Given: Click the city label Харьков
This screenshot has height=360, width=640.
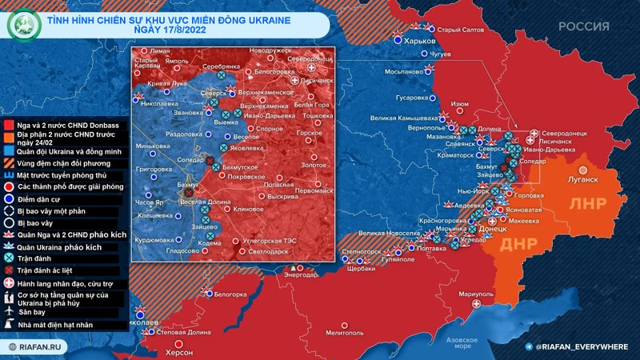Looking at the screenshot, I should (x=420, y=41).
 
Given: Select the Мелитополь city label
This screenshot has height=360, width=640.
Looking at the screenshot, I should (x=344, y=331).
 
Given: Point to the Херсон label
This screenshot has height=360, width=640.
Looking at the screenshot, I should (x=178, y=352).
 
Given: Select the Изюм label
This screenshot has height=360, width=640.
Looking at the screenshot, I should (x=460, y=104).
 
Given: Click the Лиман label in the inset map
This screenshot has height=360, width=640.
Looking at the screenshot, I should (x=160, y=50).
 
